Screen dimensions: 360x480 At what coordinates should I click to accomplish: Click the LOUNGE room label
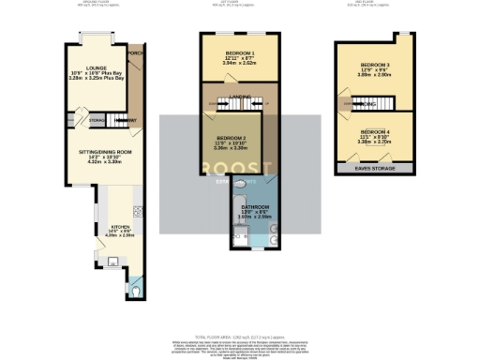96,68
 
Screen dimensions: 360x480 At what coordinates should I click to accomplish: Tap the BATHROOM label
256,208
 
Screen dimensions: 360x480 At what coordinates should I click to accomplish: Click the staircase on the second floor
351,105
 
